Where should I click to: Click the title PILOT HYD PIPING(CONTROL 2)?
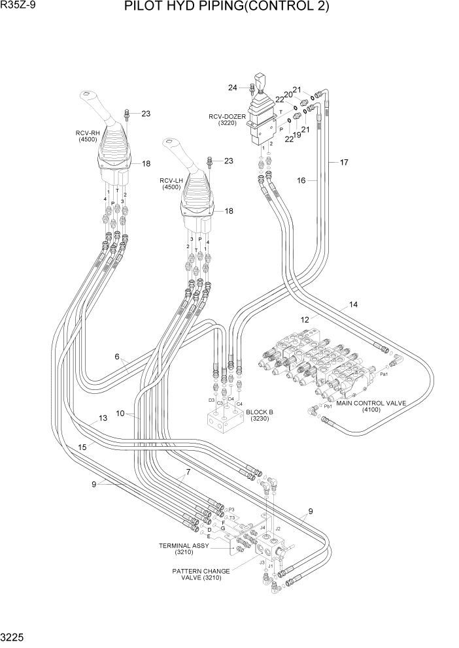pyautogui.click(x=235, y=8)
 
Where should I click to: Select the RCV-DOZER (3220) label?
pyautogui.click(x=227, y=120)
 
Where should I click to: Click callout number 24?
pyautogui.click(x=232, y=88)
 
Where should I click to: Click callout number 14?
pyautogui.click(x=353, y=304)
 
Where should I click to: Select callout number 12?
pyautogui.click(x=304, y=320)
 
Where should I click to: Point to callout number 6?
pyautogui.click(x=118, y=357)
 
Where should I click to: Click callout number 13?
pyautogui.click(x=102, y=419)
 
